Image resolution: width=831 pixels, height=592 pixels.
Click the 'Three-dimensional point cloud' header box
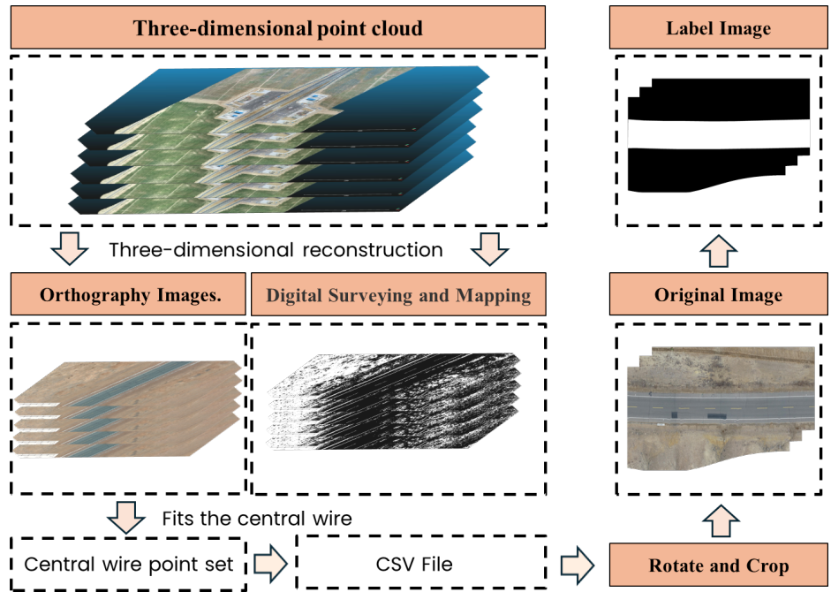pos(277,27)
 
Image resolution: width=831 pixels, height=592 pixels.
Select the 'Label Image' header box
pos(718,27)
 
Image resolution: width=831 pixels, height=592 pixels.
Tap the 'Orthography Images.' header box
pos(128,294)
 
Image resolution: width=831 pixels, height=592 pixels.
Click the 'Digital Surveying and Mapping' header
pos(398,294)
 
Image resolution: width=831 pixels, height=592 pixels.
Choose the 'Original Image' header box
pos(718,294)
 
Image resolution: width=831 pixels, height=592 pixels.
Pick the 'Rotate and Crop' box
pos(718,565)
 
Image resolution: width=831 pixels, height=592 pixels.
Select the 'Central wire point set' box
pos(128,564)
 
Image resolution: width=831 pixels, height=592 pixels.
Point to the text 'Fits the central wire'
pos(257,519)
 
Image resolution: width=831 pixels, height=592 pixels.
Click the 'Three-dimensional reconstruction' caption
pos(276,250)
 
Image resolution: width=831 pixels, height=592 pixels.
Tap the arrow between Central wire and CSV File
pos(270,564)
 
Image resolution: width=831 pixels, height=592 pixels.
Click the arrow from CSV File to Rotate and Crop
pos(578,564)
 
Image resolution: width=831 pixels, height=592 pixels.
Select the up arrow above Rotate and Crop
pos(721,521)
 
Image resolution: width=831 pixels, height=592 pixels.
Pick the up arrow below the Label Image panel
pos(719,251)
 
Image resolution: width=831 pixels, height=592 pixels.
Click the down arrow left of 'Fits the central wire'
pos(126,517)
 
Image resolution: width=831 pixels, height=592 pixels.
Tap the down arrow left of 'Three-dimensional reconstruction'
pos(70,248)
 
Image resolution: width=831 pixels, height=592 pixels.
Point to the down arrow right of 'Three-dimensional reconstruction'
pos(490,248)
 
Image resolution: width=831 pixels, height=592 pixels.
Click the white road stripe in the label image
pos(719,134)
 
